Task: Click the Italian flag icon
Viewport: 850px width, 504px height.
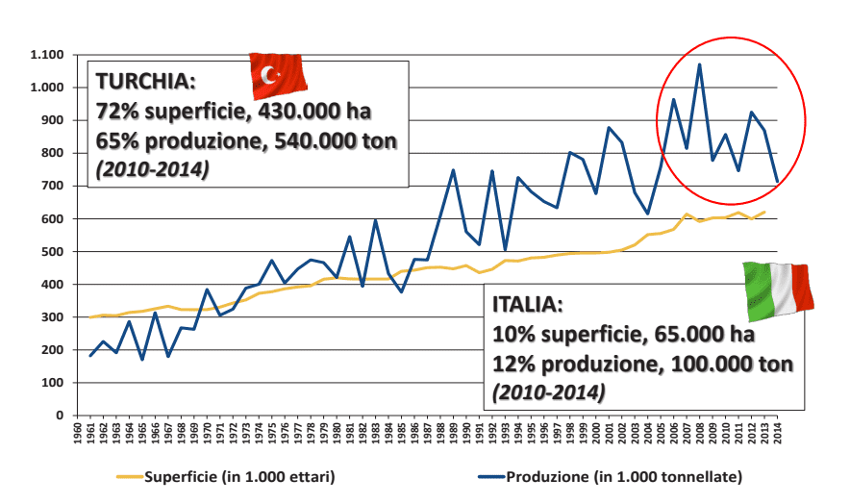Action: click(x=778, y=290)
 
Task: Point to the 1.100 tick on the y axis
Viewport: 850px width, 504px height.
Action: click(x=47, y=55)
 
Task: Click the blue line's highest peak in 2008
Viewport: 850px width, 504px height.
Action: click(x=699, y=64)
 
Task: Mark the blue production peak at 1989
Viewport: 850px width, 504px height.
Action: click(x=453, y=170)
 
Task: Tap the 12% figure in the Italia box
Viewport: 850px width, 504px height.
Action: click(x=510, y=365)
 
